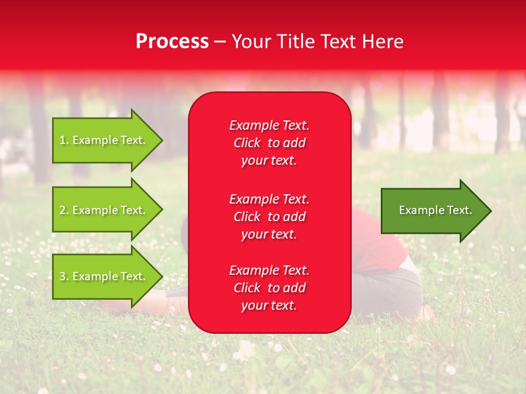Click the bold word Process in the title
click(x=172, y=42)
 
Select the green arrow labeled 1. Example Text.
click(x=104, y=140)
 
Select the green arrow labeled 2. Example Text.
click(x=104, y=210)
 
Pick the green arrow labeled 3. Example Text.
click(x=104, y=276)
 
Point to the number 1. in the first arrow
click(x=64, y=140)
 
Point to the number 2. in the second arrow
click(x=64, y=210)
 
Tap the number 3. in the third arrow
click(x=64, y=276)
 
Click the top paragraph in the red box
click(x=269, y=143)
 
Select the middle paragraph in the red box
click(x=269, y=217)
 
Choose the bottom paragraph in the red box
click(x=269, y=288)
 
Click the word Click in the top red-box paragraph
click(x=247, y=143)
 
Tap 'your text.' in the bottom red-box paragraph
click(x=269, y=306)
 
